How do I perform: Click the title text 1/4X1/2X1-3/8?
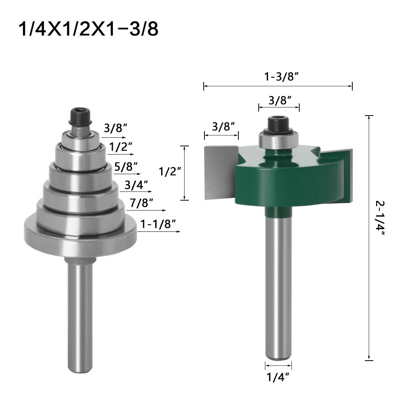(88, 29)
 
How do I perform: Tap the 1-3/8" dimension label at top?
(281, 77)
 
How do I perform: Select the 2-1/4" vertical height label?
(380, 218)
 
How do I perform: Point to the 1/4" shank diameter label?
(277, 377)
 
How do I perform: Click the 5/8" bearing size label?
(126, 167)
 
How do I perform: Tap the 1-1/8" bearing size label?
(158, 224)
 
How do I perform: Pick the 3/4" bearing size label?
(136, 185)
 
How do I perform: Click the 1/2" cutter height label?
(170, 171)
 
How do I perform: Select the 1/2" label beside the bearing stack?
(120, 147)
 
